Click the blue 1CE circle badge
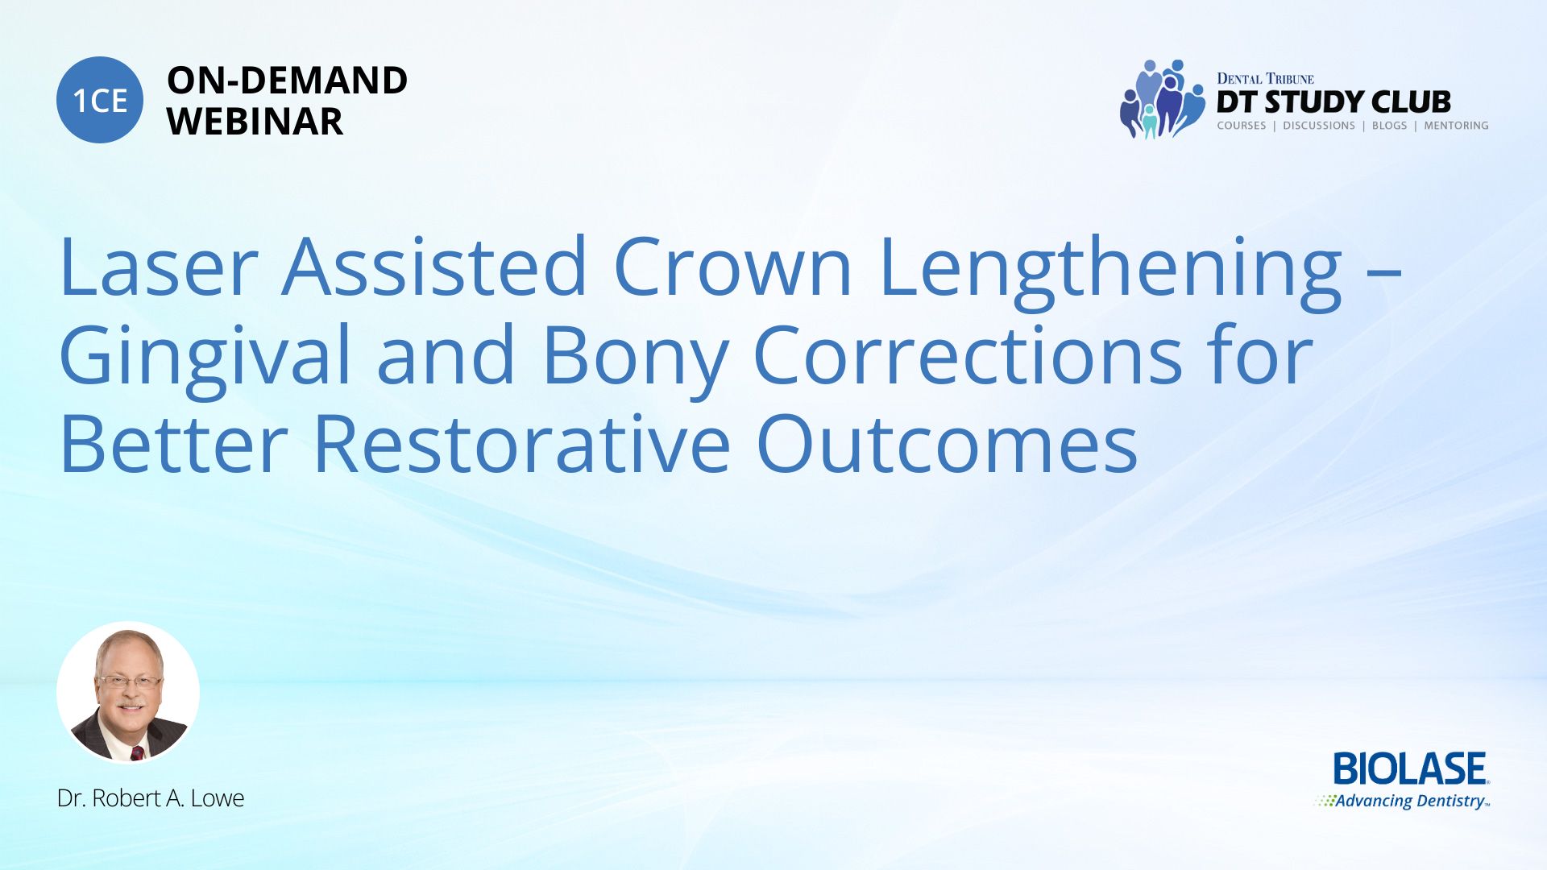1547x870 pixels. click(100, 100)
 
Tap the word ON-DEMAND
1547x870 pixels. click(287, 81)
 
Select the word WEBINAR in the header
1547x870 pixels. click(255, 122)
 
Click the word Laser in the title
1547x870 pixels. click(159, 266)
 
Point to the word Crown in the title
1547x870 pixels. click(732, 266)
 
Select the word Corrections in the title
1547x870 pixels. click(968, 354)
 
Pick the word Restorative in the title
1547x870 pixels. click(521, 443)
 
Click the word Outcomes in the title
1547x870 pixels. click(947, 443)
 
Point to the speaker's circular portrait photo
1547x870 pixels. click(128, 693)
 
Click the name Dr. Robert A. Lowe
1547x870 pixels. click(151, 798)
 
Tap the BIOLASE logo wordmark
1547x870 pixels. click(1411, 768)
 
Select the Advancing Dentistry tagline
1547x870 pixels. click(1403, 802)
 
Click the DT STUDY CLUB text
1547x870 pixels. click(1333, 102)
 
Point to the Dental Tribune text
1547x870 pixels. click(1265, 79)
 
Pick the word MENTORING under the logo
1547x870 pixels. click(1456, 126)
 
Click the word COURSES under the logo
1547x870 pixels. click(1241, 126)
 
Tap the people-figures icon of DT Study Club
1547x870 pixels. click(1162, 99)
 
